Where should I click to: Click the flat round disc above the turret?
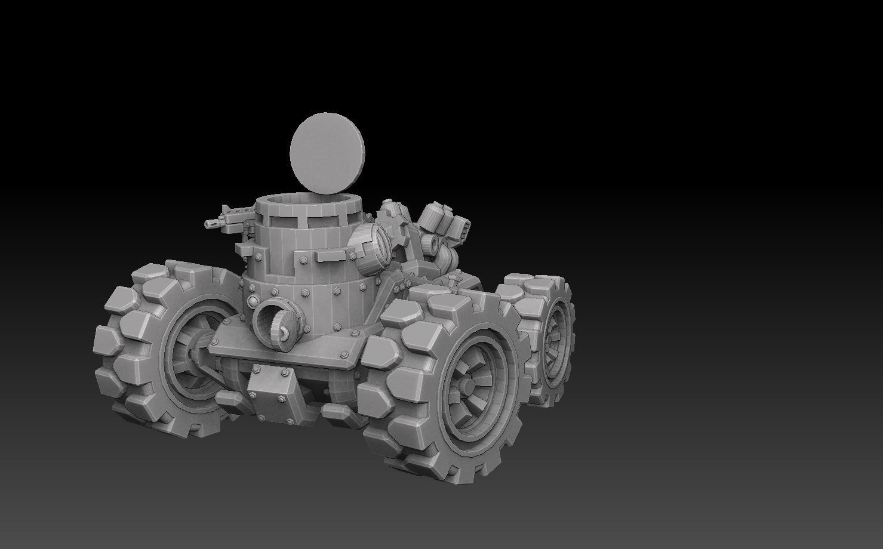tap(327, 152)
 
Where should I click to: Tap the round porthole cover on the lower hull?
tap(276, 325)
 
